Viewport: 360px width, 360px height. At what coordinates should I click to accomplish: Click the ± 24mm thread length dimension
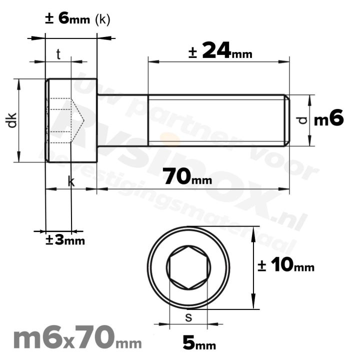[x=220, y=51]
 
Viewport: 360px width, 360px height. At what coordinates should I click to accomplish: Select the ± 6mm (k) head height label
[x=77, y=19]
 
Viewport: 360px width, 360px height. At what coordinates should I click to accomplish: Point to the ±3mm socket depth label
[x=65, y=240]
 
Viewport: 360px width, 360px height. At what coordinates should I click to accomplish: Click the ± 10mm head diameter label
[x=286, y=266]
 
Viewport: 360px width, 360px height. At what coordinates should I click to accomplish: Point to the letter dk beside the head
[x=12, y=120]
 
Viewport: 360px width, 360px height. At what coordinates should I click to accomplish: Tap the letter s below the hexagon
[x=188, y=316]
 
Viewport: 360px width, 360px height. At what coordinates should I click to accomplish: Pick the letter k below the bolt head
[x=71, y=182]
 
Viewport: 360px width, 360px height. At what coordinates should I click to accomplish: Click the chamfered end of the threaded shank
[x=287, y=120]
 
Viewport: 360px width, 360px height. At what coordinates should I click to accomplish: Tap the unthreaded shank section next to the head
[x=122, y=120]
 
